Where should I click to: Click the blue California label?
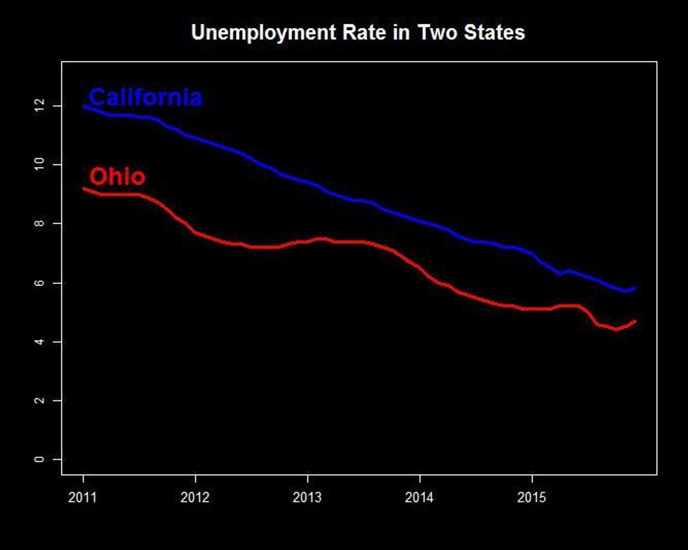coord(145,97)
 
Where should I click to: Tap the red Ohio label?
coord(117,176)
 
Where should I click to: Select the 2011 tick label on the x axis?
coord(83,497)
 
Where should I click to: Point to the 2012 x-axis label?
coord(195,497)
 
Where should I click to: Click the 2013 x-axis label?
coord(307,497)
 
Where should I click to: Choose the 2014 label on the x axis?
coord(420,497)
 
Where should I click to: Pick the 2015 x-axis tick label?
coord(532,497)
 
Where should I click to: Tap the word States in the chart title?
coord(498,32)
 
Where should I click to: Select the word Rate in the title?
coord(369,32)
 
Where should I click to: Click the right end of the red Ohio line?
coord(635,322)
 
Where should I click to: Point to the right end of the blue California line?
coord(635,288)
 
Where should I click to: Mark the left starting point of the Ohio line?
coord(84,188)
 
